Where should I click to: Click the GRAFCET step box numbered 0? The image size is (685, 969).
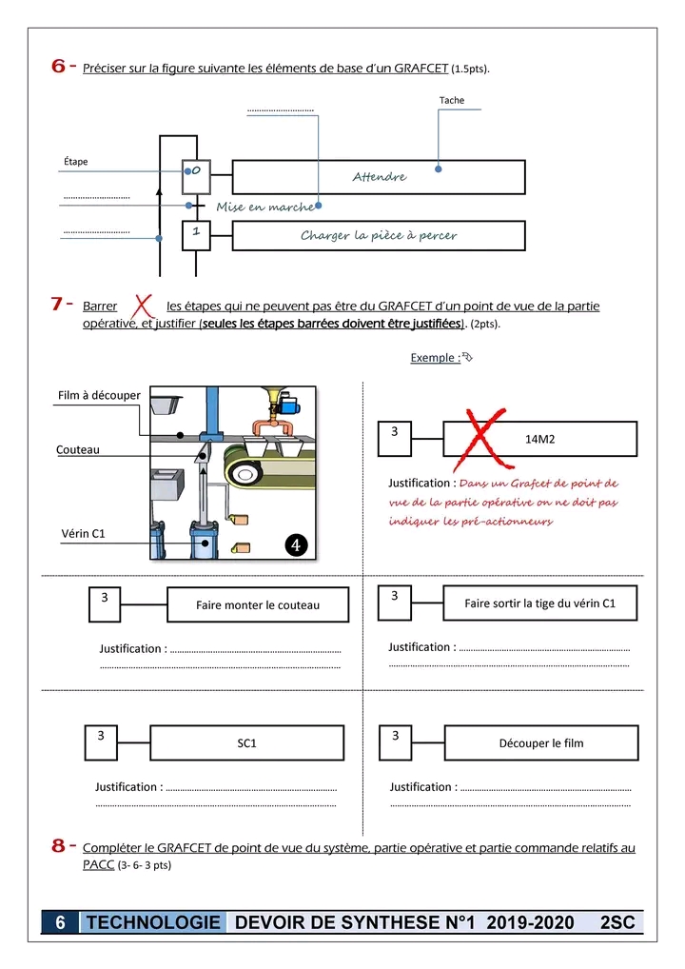[x=196, y=171]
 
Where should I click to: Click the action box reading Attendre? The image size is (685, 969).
[x=379, y=177]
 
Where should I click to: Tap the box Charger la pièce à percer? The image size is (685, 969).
[x=379, y=235]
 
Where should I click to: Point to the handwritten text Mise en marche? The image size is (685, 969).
[x=264, y=208]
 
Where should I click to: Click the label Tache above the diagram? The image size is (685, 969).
[x=452, y=100]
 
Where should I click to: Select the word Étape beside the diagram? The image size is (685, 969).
[x=75, y=162]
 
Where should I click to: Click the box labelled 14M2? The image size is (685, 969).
[x=539, y=439]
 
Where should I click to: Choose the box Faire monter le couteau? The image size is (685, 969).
[x=258, y=604]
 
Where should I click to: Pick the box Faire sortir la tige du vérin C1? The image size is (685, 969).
[x=539, y=603]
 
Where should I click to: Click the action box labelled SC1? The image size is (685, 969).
[x=246, y=742]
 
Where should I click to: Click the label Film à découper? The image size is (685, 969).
[x=99, y=395]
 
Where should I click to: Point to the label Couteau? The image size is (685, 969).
[x=77, y=449]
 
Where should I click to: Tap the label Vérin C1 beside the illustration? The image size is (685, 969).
[x=83, y=534]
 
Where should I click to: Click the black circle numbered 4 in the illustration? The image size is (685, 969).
[x=297, y=544]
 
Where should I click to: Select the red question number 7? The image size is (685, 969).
[x=59, y=305]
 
